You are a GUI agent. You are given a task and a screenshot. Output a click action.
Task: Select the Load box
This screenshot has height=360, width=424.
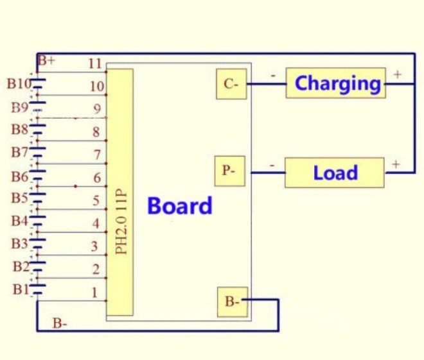click(x=334, y=173)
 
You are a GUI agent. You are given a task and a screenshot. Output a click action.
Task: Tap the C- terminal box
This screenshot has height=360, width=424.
click(x=231, y=84)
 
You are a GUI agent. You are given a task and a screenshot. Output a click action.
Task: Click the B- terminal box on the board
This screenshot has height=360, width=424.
click(x=231, y=301)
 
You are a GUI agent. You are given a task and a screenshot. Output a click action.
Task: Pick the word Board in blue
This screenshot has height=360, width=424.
click(x=179, y=206)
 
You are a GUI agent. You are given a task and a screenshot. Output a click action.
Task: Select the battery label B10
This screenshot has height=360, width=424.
click(x=19, y=83)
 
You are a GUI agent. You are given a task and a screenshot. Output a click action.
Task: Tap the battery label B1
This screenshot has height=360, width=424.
click(x=21, y=289)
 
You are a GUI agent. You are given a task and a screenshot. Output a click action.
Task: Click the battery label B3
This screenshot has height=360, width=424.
click(x=19, y=244)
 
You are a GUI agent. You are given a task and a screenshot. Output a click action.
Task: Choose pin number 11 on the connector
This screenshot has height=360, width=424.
click(x=95, y=63)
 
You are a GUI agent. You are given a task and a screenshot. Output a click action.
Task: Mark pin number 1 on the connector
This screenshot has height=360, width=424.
click(x=95, y=293)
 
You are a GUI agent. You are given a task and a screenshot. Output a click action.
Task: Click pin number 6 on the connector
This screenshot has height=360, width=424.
click(x=97, y=178)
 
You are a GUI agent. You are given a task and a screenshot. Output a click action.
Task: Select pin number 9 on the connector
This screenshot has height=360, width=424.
click(x=97, y=108)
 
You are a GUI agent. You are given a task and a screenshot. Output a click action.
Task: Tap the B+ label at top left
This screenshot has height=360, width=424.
click(x=46, y=62)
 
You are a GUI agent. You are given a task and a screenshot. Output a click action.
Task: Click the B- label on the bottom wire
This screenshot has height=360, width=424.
click(x=60, y=323)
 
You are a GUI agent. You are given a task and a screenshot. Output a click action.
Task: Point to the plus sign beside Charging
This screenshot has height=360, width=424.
click(x=397, y=75)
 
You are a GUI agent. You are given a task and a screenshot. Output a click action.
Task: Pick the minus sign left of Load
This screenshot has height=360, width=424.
click(x=272, y=165)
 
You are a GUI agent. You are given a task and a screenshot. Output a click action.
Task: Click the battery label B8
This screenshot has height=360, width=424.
click(x=19, y=130)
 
